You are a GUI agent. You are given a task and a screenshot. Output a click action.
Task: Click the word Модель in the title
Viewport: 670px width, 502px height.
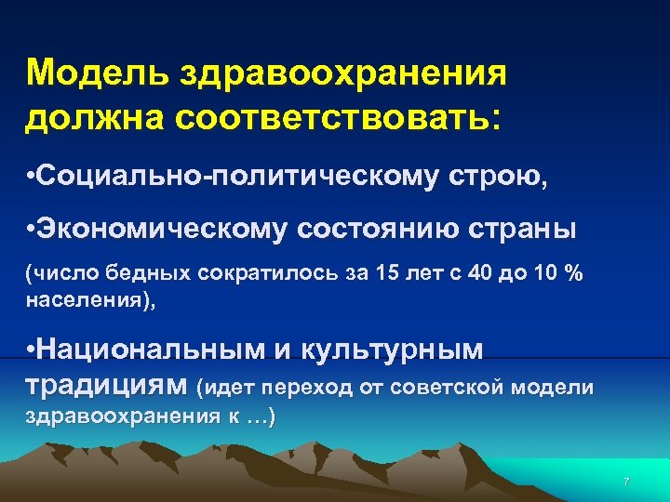coord(83,73)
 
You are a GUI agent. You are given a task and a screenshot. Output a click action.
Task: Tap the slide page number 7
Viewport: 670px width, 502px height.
coord(626,482)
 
